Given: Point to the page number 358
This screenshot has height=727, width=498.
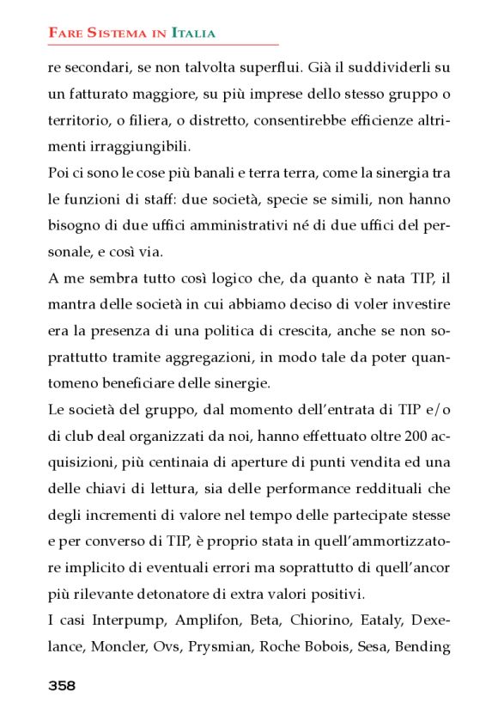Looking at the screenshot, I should tap(62, 686).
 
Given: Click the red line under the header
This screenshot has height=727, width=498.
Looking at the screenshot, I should tap(163, 44).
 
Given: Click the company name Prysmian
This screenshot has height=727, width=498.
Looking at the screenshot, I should tap(228, 647).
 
